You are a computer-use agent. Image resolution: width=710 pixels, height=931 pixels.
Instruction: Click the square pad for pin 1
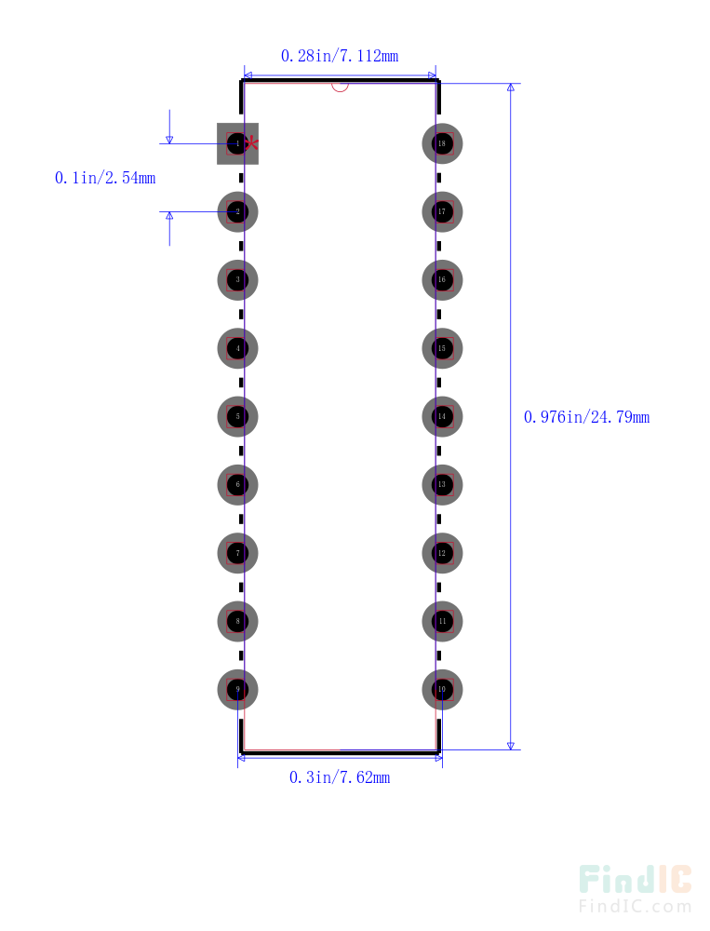tap(236, 143)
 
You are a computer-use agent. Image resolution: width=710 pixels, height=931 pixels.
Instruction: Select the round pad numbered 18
tap(442, 143)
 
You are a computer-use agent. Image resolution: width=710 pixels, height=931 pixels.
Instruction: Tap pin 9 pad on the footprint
tap(237, 690)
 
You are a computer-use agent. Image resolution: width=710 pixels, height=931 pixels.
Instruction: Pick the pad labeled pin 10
tap(442, 690)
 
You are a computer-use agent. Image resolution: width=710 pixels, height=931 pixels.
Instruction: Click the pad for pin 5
tap(237, 416)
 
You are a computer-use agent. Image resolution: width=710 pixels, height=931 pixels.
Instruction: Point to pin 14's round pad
tap(442, 416)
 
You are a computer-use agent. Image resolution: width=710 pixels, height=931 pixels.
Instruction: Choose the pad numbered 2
tap(237, 211)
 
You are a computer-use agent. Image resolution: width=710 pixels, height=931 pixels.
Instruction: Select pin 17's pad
tap(442, 211)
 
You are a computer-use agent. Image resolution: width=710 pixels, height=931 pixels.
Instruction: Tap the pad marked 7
tap(237, 553)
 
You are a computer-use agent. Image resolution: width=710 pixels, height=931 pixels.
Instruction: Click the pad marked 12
tap(442, 553)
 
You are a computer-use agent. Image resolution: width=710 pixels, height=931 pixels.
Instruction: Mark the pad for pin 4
tap(237, 348)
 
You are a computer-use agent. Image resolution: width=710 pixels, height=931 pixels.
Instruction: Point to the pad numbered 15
tap(442, 348)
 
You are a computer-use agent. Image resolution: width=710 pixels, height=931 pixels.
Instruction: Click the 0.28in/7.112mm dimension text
tap(340, 56)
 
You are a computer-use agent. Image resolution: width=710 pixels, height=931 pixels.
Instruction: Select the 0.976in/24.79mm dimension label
tap(586, 417)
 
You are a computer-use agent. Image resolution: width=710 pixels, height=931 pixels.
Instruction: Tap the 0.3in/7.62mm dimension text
tap(340, 777)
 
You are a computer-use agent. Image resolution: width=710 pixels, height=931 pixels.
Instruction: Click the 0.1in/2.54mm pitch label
tap(105, 178)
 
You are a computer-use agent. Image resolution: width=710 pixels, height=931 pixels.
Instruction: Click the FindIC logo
tap(635, 889)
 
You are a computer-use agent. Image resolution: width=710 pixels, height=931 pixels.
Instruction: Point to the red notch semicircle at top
tap(340, 87)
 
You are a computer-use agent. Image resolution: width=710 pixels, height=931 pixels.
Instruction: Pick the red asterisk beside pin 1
tap(251, 143)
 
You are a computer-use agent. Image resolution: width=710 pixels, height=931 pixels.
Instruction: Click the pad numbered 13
tap(442, 485)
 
